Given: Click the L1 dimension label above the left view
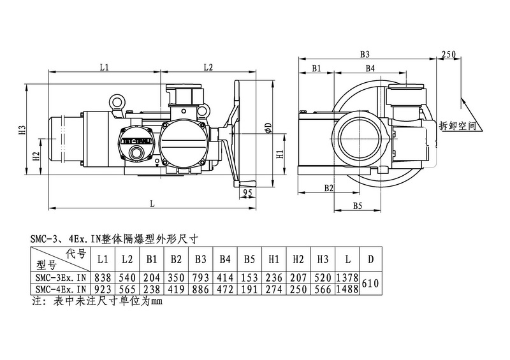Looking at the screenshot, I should click(105, 66).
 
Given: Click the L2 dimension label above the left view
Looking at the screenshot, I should click(208, 66).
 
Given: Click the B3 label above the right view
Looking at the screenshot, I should click(365, 55).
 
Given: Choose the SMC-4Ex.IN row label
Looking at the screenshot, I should click(61, 289).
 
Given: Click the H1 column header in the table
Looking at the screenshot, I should click(273, 260).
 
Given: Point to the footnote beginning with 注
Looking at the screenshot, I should click(96, 301).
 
